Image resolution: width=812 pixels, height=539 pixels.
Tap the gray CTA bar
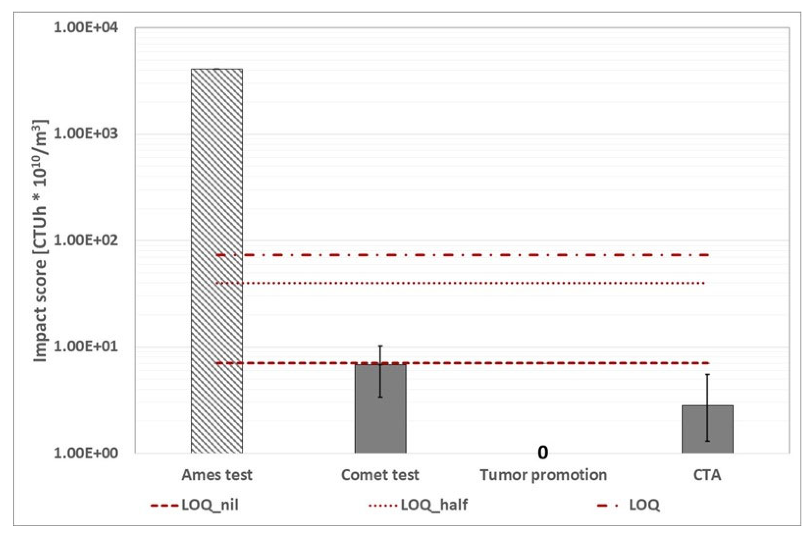tap(707, 430)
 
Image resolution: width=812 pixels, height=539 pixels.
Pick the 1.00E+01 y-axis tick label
tap(86, 346)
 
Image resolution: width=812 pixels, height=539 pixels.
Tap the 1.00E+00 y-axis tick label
tap(86, 453)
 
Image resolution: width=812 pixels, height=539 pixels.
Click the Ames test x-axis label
tap(217, 475)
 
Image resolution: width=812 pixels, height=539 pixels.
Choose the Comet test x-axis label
tap(380, 475)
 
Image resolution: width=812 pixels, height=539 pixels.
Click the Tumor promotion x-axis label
tap(543, 475)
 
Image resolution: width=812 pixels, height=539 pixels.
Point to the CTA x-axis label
tap(707, 475)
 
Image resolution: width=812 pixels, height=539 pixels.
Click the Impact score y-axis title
tap(41, 241)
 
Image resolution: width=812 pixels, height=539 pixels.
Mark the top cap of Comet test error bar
tap(380, 346)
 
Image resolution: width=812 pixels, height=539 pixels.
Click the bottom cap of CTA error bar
tap(707, 441)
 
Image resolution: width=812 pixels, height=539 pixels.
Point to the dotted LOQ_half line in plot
tap(481, 283)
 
